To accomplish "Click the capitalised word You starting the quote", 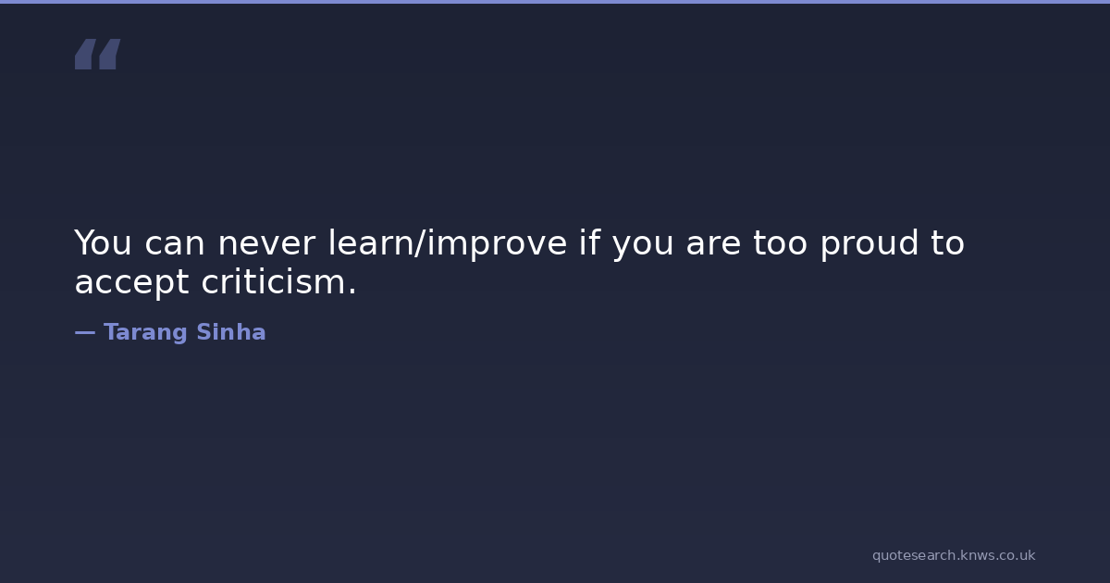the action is (103, 242).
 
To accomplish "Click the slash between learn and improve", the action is (420, 243).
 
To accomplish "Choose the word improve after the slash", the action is (497, 244).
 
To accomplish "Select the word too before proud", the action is (780, 243).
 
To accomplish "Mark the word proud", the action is (869, 244).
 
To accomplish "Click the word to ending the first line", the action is (947, 243).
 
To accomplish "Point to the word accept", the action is (131, 283).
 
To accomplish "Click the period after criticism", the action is (351, 291).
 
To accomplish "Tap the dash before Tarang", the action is (85, 332).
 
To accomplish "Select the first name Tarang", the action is (145, 333).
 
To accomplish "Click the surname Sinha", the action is (231, 331).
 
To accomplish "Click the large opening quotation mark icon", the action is (98, 54).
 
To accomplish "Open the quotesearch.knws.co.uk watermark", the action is (954, 555).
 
